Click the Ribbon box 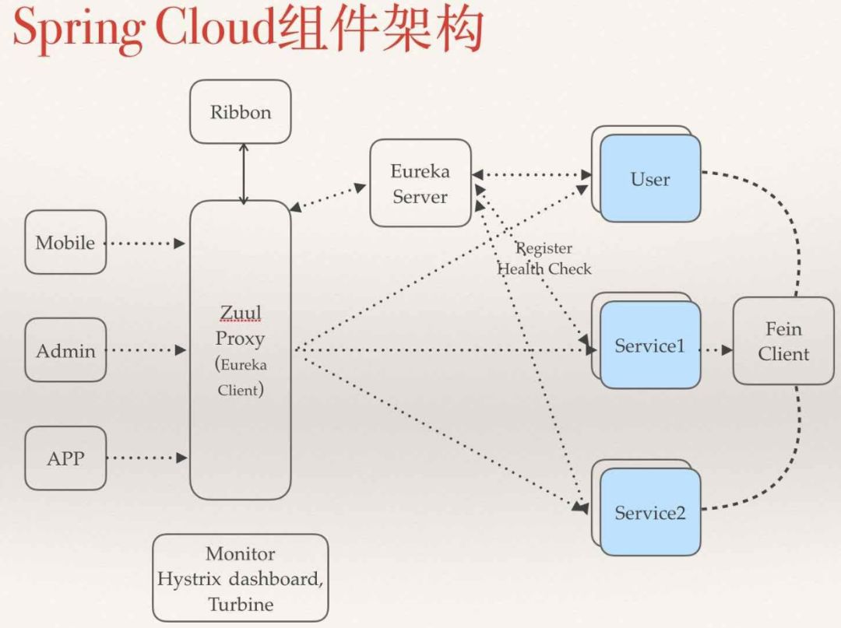240,112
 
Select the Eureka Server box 420,184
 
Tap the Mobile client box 65,242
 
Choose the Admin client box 65,350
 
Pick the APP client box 65,458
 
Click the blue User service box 650,179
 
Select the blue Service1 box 650,346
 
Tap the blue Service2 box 650,512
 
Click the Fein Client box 783,341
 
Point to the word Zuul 241,313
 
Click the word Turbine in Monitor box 241,604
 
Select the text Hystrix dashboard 241,579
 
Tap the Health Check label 544,268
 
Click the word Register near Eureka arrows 544,248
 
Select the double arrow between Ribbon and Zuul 244,173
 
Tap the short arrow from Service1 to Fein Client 716,349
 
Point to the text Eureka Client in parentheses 241,377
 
